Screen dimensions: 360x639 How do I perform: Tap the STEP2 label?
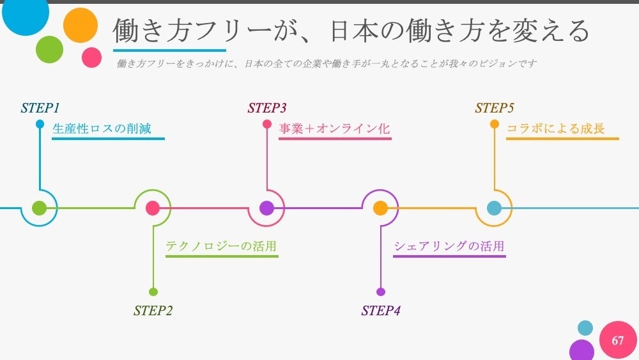tap(153, 311)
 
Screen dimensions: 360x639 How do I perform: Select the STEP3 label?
tap(267, 108)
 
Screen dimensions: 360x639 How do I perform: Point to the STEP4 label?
tap(381, 311)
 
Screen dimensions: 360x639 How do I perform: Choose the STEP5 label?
tap(495, 108)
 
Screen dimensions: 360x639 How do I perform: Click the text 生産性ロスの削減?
tap(102, 129)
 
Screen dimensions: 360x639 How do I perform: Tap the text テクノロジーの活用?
tap(221, 246)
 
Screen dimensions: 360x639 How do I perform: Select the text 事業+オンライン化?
tap(334, 129)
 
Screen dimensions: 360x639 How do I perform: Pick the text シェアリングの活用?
tap(449, 246)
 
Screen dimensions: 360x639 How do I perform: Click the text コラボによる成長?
tap(556, 129)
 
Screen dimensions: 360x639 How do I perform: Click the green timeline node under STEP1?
tap(39, 208)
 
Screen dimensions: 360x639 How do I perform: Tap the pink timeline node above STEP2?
tap(153, 208)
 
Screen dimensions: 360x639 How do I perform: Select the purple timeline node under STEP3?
tap(266, 208)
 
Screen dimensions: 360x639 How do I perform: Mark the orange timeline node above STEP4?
tap(380, 208)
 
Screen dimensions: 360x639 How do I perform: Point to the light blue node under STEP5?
tap(494, 208)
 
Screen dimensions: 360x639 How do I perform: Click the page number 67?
tap(617, 340)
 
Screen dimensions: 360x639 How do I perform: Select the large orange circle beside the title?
tap(81, 26)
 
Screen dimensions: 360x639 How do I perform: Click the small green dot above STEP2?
tap(153, 292)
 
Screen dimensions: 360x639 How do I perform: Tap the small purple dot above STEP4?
tap(381, 292)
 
